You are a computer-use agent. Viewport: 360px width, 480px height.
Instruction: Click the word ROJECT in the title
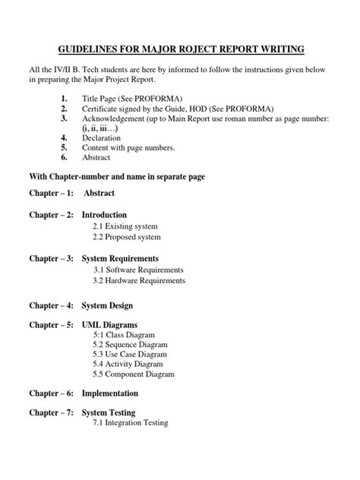coord(177,50)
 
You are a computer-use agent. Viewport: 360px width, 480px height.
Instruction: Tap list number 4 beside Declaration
coord(65,138)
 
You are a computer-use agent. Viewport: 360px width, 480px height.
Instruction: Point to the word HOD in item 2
coord(199,109)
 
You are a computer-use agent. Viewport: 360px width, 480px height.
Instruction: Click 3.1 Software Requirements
coord(138,270)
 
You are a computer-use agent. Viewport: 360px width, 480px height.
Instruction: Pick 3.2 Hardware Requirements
coord(139,280)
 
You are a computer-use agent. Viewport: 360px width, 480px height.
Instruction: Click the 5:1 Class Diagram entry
coord(124,335)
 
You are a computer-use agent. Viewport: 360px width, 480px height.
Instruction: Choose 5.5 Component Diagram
coord(134,374)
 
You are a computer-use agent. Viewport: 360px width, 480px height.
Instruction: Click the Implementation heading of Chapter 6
coord(110,393)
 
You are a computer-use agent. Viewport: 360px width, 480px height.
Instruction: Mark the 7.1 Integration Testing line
coord(130,423)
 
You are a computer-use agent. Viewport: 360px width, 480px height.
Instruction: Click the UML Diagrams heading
coord(108,325)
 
